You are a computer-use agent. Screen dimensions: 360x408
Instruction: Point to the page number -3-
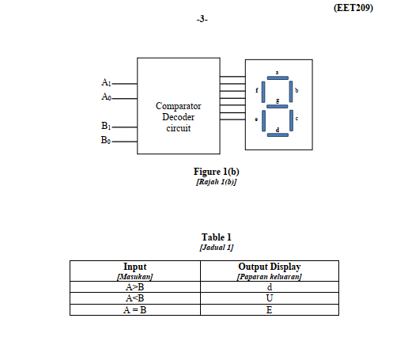203,19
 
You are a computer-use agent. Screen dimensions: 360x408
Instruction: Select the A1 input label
107,82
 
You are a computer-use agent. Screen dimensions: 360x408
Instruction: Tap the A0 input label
107,97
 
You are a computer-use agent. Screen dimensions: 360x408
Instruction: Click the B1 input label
107,126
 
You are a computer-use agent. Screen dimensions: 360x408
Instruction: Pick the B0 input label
107,140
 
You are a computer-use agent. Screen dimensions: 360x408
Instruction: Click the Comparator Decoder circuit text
178,116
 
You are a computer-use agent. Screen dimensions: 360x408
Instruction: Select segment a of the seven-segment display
278,78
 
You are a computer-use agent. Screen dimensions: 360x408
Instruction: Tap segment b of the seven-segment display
291,91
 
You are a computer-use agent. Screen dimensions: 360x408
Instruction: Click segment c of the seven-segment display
291,119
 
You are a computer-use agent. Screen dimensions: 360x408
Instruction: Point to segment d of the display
278,134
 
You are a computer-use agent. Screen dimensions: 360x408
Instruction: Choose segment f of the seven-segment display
263,91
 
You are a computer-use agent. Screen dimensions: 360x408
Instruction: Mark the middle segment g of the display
278,105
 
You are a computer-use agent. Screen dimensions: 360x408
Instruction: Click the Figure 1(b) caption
216,171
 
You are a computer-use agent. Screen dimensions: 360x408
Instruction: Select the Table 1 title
216,237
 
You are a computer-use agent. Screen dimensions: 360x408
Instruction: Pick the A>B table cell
134,287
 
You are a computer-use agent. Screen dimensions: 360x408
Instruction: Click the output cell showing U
270,298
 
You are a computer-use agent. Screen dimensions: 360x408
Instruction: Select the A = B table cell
134,309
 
